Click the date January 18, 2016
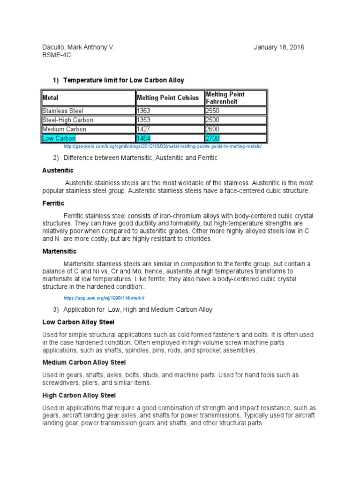(279, 47)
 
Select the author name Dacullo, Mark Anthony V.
(78, 47)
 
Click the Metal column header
(51, 98)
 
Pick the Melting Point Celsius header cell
(167, 98)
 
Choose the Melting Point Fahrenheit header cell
(225, 97)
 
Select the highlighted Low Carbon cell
(59, 138)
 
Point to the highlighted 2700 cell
(213, 138)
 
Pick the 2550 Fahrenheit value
(213, 111)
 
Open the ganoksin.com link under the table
(162, 147)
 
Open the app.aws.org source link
(105, 298)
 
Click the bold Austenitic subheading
(58, 170)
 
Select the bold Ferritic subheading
(53, 203)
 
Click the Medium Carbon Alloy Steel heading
(84, 362)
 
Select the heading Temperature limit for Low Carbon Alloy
(123, 80)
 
